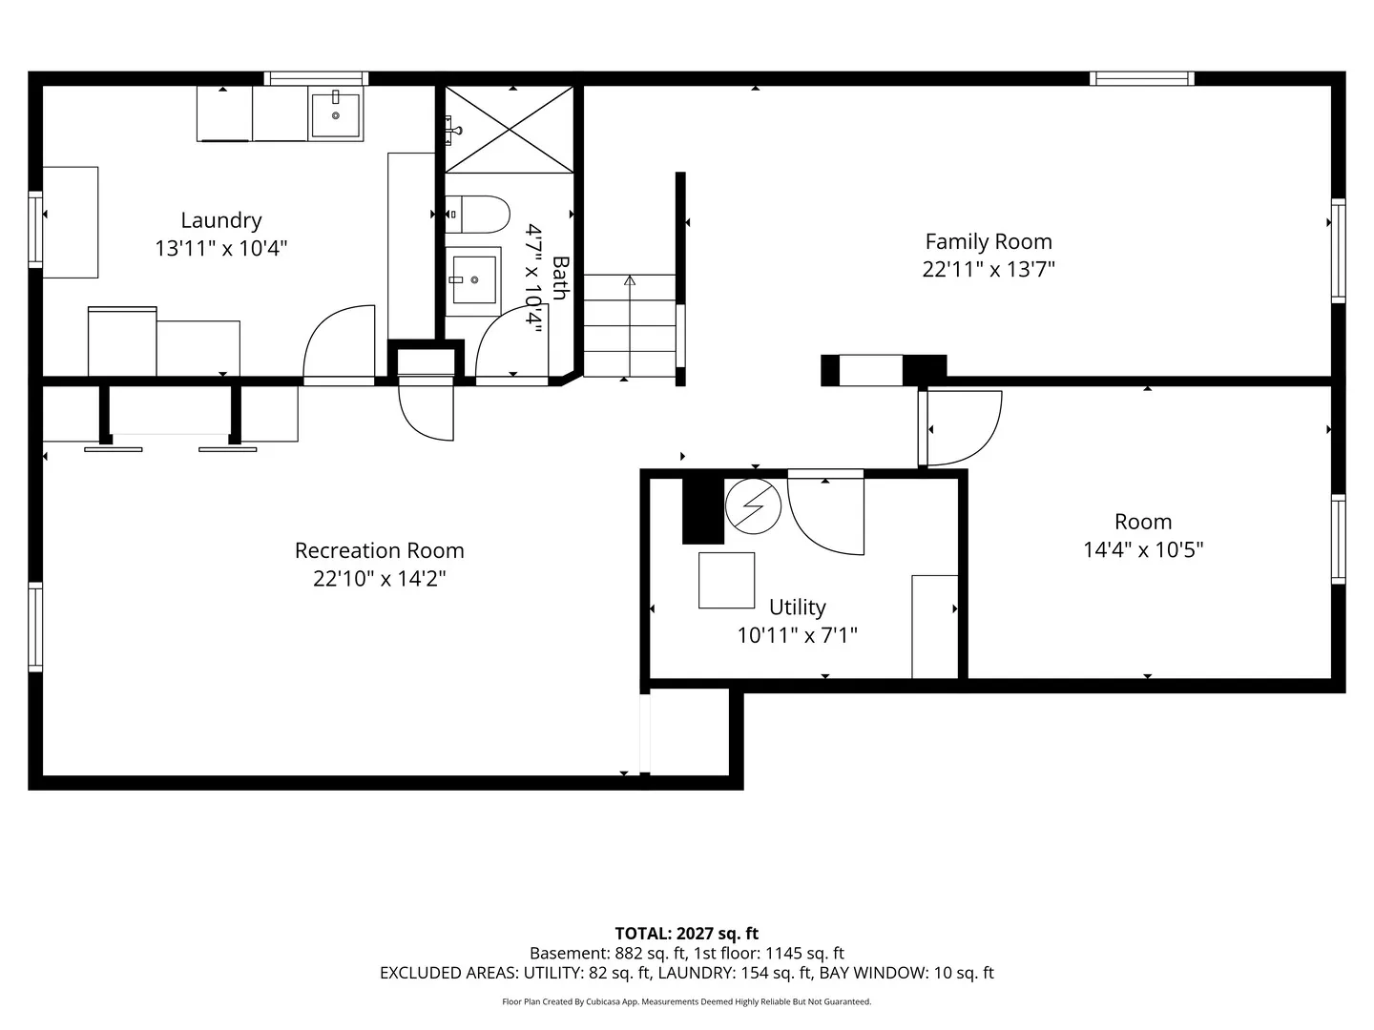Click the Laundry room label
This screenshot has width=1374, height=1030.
click(x=221, y=220)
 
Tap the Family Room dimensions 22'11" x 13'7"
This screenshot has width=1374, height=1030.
click(x=989, y=270)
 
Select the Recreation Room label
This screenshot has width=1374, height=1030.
click(x=380, y=550)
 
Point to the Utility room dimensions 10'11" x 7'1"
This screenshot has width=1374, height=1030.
click(x=797, y=635)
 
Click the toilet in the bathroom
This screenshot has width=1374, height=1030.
click(x=477, y=215)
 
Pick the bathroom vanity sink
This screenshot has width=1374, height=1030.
click(x=473, y=280)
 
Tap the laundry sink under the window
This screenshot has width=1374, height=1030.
click(x=336, y=113)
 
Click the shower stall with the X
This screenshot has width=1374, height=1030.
click(x=510, y=130)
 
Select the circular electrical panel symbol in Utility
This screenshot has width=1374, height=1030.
click(x=753, y=505)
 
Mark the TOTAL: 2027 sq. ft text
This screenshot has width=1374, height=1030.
click(x=687, y=934)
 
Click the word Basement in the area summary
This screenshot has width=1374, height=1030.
click(x=567, y=953)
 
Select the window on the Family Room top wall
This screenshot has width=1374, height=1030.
click(x=1142, y=78)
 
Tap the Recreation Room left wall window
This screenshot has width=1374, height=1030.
click(x=35, y=628)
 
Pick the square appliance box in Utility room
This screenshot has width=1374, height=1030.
click(x=726, y=581)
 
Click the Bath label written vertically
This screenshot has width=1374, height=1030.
click(x=560, y=278)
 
